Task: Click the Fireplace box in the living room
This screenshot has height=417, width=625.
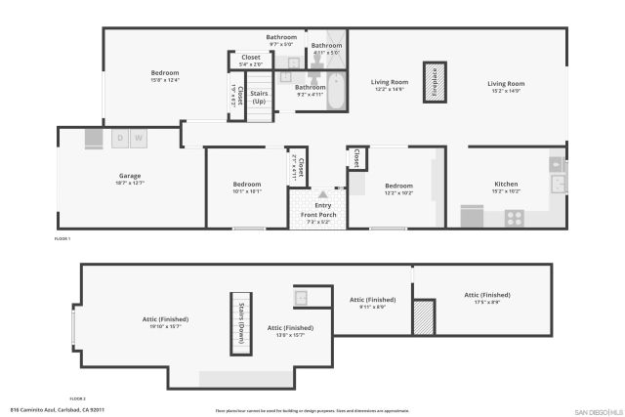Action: (435, 84)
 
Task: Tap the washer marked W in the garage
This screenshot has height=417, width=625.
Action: (139, 139)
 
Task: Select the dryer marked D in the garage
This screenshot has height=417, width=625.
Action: (121, 139)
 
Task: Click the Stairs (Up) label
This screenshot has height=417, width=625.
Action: (259, 98)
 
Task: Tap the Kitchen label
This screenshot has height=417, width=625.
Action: (506, 185)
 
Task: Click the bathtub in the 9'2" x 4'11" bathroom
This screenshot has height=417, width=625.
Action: (335, 92)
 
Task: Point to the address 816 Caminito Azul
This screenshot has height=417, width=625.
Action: (57, 410)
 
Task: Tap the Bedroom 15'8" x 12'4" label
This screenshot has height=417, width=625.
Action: (165, 76)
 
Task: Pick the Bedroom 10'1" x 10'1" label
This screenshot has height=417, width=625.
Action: (247, 188)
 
